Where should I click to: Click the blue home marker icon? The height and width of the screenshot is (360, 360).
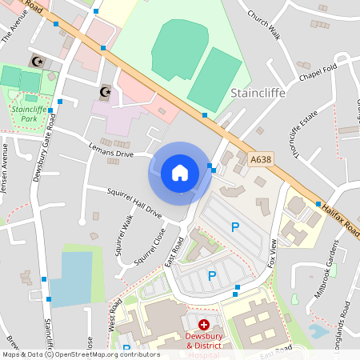click(179, 173)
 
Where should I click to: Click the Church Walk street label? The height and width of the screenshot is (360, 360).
click(264, 25)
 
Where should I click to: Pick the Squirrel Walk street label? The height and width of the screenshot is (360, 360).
click(125, 234)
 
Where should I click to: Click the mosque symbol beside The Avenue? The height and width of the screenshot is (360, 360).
click(35, 61)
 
